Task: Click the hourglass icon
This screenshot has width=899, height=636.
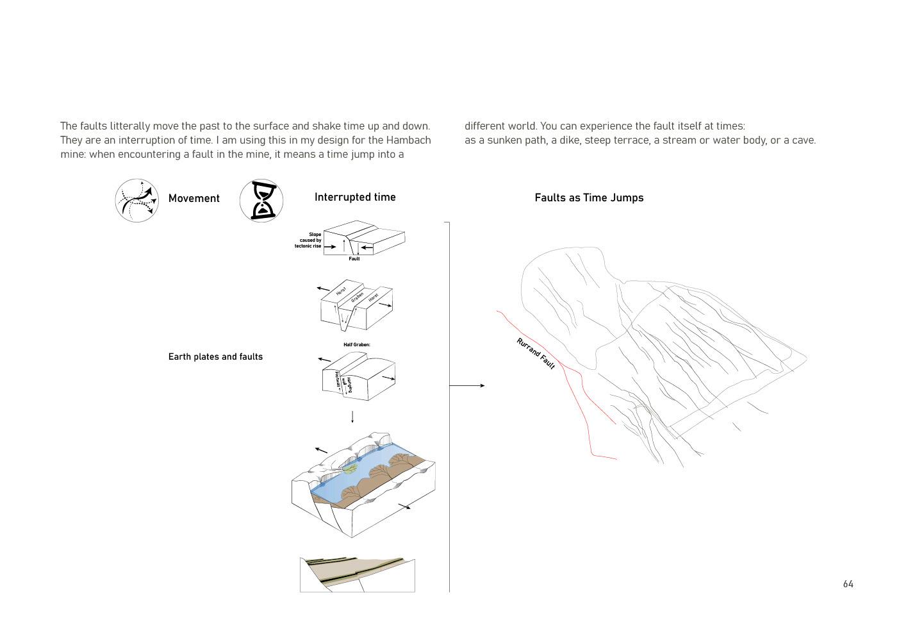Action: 261,201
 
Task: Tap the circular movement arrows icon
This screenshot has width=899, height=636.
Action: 137,201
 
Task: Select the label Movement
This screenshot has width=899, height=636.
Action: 194,199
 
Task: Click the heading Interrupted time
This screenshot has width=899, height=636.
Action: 355,197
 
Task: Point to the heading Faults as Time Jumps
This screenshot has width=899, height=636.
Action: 589,198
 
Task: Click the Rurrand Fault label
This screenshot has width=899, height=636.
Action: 536,353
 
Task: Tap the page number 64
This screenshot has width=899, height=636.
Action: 848,584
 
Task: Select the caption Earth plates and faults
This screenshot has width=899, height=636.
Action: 215,357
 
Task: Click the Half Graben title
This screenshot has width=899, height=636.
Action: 357,345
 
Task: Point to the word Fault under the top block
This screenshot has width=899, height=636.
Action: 354,259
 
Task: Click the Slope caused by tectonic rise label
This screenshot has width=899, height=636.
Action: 309,240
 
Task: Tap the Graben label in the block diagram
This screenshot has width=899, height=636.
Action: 357,297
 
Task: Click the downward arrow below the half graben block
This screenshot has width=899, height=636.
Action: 352,417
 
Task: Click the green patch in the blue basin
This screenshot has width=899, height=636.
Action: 349,469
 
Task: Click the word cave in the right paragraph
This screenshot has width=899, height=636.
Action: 803,140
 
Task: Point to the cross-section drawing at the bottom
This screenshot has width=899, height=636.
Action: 357,574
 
